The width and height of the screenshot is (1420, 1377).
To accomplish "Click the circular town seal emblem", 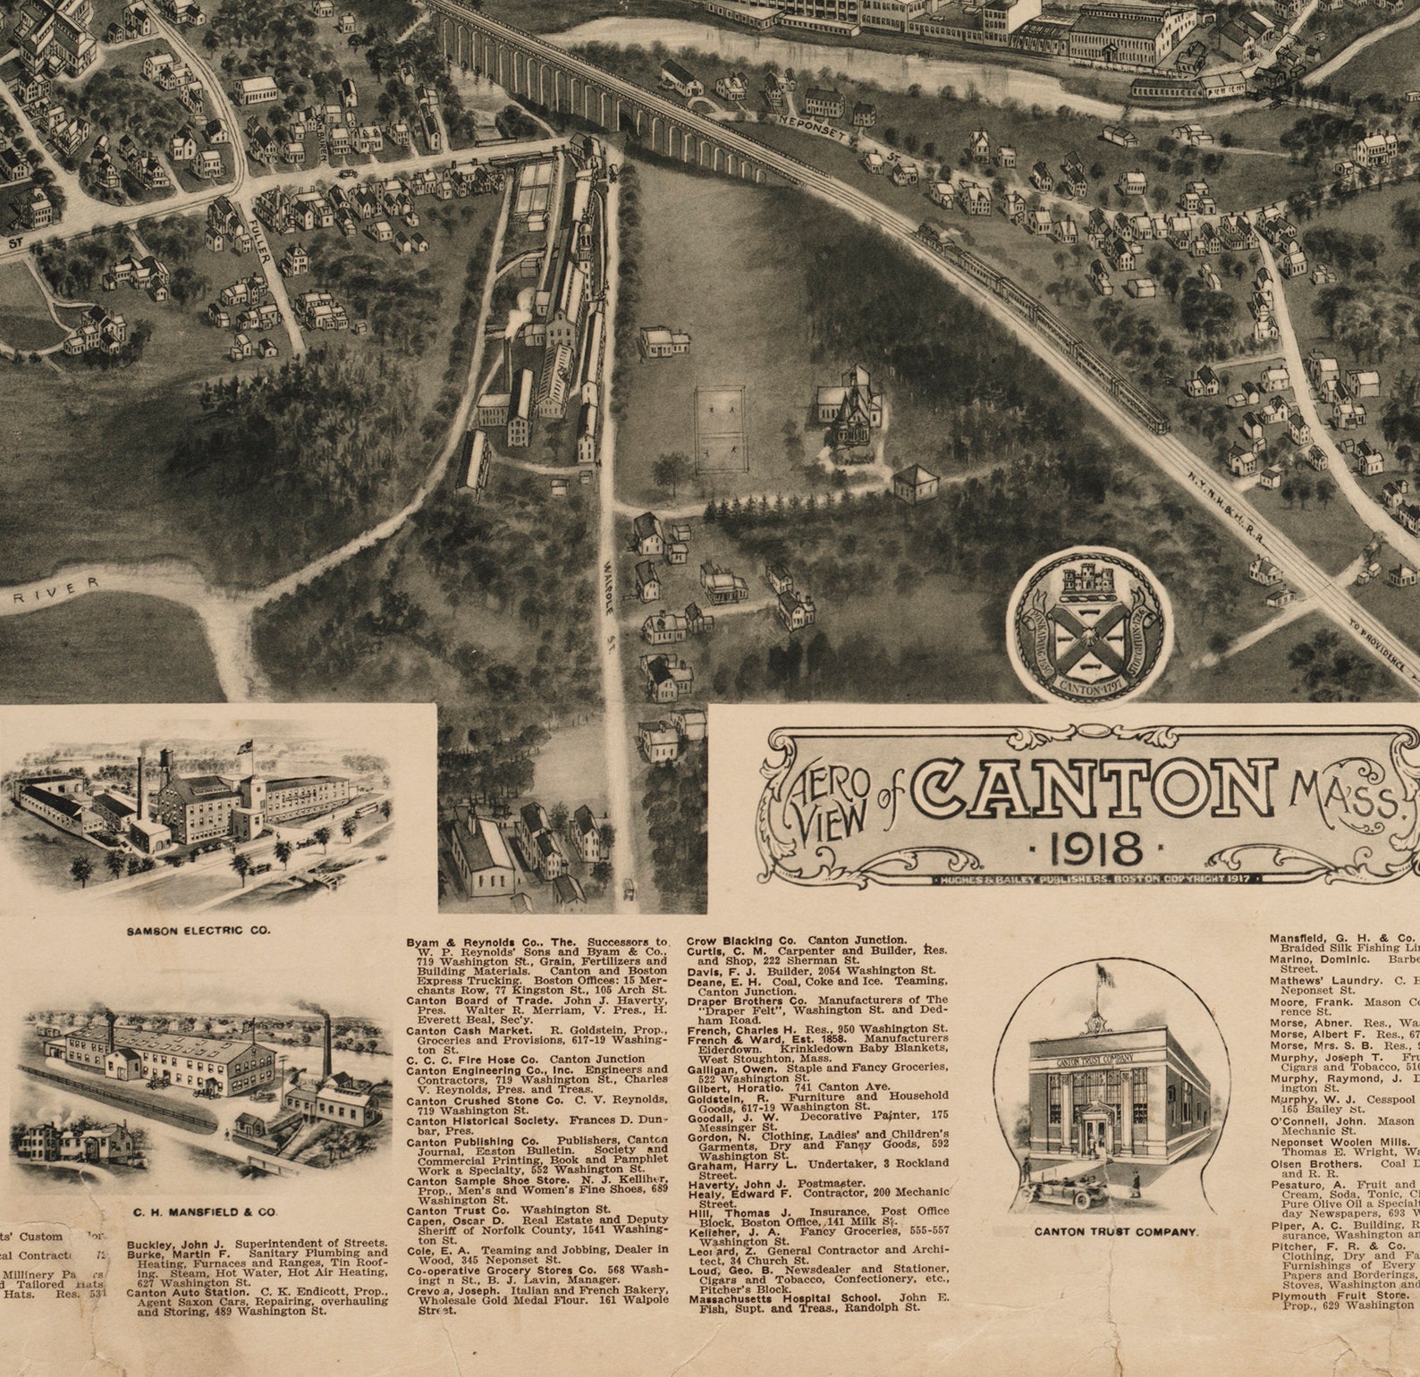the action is pyautogui.click(x=1088, y=627).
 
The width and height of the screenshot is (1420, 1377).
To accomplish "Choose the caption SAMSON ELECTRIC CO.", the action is pyautogui.click(x=198, y=931).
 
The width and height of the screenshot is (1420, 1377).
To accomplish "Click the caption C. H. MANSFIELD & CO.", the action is pyautogui.click(x=205, y=1212).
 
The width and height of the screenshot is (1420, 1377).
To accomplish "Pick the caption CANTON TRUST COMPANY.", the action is pyautogui.click(x=1115, y=1231).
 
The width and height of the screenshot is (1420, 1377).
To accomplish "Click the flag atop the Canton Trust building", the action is pyautogui.click(x=1106, y=976).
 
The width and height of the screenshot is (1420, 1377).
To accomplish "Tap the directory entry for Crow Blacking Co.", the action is pyautogui.click(x=796, y=941).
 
